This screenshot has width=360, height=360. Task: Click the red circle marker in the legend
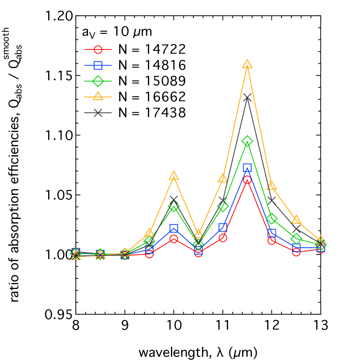(x=98, y=49)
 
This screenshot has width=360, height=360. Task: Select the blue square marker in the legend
(x=98, y=65)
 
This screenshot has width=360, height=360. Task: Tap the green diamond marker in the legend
(x=98, y=81)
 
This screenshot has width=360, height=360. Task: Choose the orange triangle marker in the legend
(x=98, y=96)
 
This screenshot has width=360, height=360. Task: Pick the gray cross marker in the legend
(x=98, y=113)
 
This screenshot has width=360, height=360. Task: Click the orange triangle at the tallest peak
(x=247, y=65)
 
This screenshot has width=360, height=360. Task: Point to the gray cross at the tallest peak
(x=247, y=98)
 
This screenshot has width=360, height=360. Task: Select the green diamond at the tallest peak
(x=247, y=141)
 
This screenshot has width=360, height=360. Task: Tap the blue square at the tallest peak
(x=247, y=167)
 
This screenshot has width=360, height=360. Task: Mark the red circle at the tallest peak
(x=247, y=180)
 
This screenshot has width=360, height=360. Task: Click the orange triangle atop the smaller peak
(x=174, y=176)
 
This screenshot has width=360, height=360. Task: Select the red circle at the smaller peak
(x=174, y=239)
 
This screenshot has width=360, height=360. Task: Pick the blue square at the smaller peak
(x=174, y=228)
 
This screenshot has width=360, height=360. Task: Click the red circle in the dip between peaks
(x=198, y=253)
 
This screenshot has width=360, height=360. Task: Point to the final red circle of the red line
(x=321, y=249)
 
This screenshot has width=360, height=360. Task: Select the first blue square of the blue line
(x=76, y=252)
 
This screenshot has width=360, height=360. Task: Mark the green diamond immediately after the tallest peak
(x=272, y=219)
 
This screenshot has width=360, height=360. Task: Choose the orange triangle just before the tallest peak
(x=223, y=178)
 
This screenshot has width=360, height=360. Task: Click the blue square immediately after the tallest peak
(x=272, y=233)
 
